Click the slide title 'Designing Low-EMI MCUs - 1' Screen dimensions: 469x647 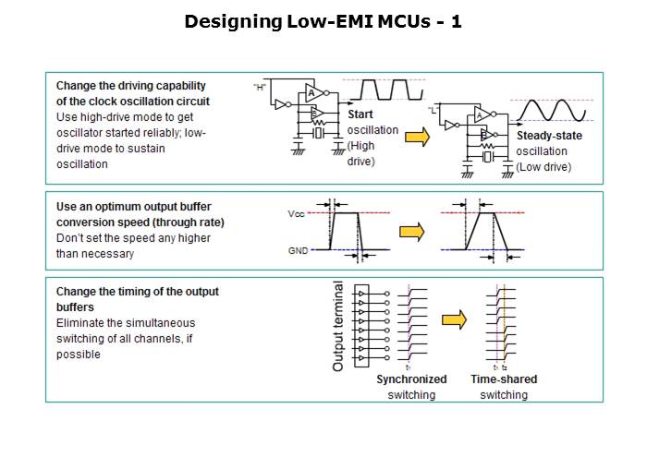[x=323, y=21]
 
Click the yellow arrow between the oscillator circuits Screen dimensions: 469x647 [x=419, y=138]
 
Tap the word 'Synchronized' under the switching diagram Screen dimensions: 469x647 [x=411, y=379]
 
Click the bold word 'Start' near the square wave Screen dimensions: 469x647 [x=360, y=114]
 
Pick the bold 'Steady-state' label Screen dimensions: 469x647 [x=546, y=136]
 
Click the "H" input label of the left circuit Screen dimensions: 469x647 [x=260, y=86]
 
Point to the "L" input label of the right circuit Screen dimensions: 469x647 [x=435, y=109]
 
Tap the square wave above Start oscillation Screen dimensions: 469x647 [x=381, y=90]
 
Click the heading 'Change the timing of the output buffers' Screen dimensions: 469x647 [x=137, y=297]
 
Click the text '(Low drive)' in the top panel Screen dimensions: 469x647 [x=543, y=167]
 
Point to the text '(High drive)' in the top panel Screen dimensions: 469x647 [x=360, y=153]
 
